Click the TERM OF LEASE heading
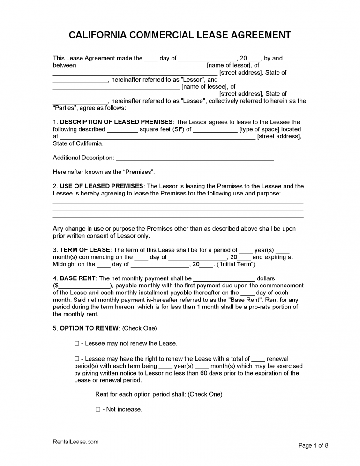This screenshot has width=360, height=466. [x=85, y=250]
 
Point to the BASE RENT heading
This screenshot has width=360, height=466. [x=78, y=278]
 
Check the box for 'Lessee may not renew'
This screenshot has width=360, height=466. [x=77, y=344]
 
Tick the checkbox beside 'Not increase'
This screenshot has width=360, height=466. [x=98, y=409]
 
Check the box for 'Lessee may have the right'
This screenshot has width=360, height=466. [x=77, y=359]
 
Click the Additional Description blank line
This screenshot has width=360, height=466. [x=195, y=158]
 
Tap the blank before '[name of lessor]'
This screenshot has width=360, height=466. [x=141, y=66]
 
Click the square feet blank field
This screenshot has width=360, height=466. [x=122, y=129]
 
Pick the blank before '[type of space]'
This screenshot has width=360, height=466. [x=215, y=129]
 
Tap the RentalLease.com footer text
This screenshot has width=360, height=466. [x=75, y=442]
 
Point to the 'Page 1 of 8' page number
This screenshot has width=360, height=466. [x=313, y=445]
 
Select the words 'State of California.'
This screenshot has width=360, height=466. [x=78, y=143]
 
